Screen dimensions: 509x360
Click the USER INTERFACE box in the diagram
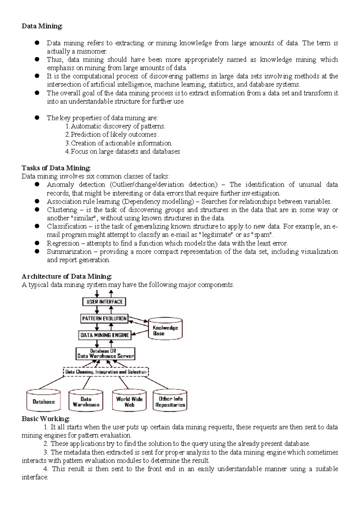[x=104, y=302]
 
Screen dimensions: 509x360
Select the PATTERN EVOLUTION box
[x=104, y=318]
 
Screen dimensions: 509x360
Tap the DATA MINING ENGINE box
[x=105, y=335]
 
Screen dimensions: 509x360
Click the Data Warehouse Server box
[x=105, y=354]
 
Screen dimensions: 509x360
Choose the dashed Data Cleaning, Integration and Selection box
[x=106, y=372]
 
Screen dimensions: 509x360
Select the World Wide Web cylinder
[x=129, y=402]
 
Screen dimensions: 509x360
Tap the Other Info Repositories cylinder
[x=170, y=402]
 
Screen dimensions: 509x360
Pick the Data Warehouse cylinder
[x=86, y=402]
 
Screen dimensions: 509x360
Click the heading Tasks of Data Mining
[x=56, y=168]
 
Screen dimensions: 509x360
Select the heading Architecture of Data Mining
[x=67, y=276]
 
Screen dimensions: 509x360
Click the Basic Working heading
[x=46, y=419]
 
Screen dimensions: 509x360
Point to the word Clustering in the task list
[x=62, y=210]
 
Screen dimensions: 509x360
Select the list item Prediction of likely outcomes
[x=113, y=134]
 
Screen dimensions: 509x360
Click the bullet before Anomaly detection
[x=37, y=184]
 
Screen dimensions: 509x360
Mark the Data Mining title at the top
[x=42, y=26]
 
